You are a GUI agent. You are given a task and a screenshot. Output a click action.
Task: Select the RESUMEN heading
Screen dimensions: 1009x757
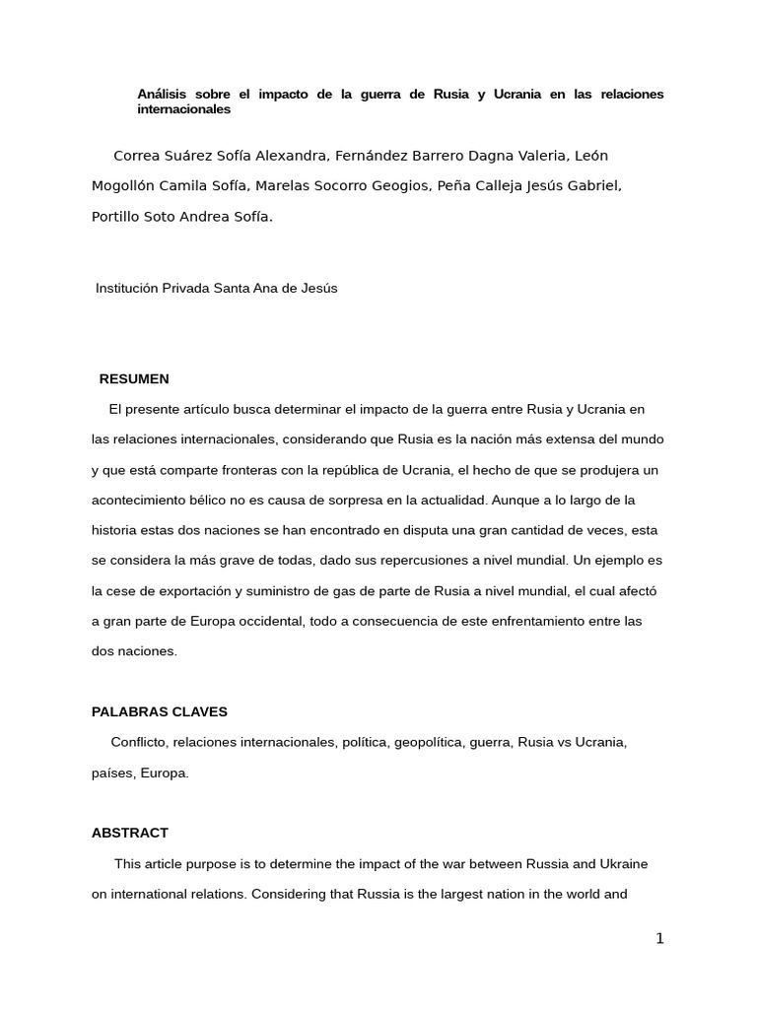coord(134,379)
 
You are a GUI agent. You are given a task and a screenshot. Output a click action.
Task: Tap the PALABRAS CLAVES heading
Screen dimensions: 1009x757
coord(160,711)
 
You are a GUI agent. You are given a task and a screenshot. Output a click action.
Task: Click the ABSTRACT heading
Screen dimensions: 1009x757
coord(130,833)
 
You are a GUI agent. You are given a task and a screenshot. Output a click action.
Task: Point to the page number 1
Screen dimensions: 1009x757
coord(659,939)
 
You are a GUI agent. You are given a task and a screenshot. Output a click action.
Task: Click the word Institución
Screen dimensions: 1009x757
coord(130,289)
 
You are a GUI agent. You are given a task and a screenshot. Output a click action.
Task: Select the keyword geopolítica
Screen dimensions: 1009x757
coord(437,742)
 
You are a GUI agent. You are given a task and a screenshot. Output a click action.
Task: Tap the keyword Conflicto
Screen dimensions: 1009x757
coord(139,742)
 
